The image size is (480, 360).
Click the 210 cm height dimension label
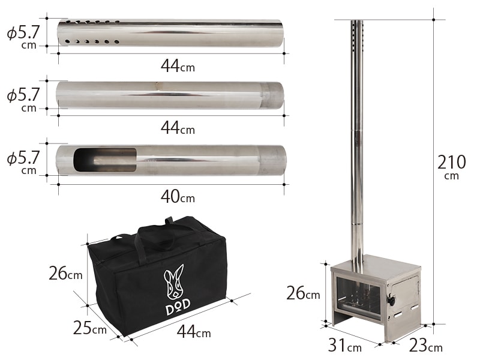pos(452,167)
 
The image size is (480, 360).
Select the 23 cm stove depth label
pos(426,346)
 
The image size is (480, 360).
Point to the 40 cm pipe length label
pos(178,196)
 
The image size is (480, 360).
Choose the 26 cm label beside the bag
pos(65,273)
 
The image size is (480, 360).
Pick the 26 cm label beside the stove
pos(303,293)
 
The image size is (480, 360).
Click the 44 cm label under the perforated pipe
pos(178,65)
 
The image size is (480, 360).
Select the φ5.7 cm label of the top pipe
pos(23,37)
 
